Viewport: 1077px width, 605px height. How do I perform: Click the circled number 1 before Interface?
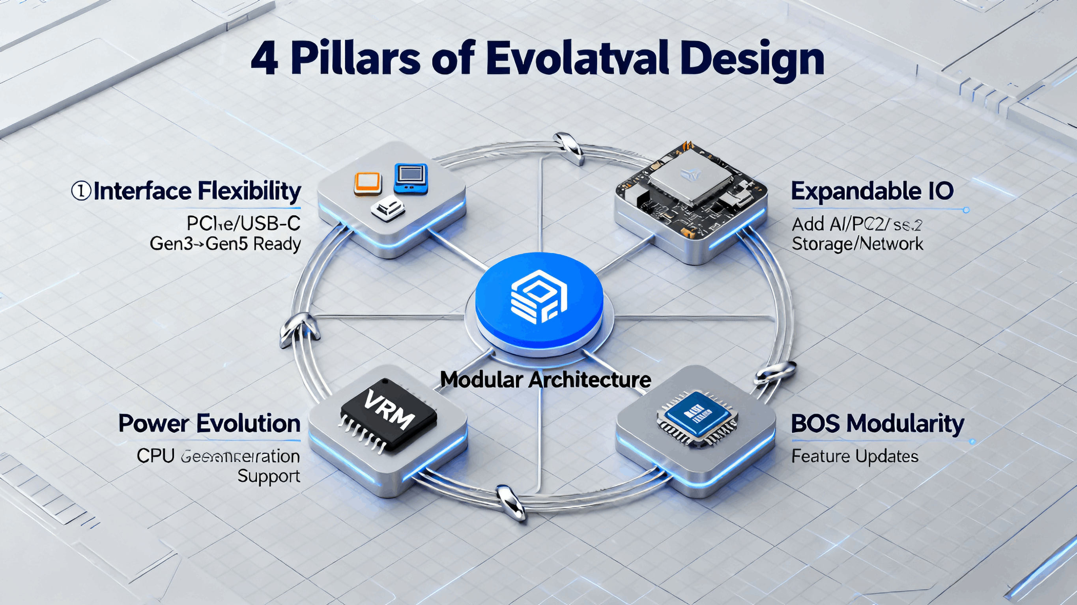tap(81, 192)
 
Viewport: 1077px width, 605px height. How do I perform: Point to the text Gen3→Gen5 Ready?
tap(225, 244)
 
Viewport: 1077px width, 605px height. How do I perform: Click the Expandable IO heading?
tap(873, 192)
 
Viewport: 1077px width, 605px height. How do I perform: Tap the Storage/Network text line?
tap(857, 244)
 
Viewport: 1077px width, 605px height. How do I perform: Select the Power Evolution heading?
tap(209, 423)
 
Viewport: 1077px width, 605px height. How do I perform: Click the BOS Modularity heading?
tap(877, 423)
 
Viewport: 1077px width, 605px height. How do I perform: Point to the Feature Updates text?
tap(855, 456)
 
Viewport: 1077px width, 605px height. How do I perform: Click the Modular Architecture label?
tap(546, 380)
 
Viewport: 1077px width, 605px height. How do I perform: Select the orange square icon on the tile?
tap(368, 183)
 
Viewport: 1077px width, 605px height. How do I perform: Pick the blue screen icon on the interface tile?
tap(411, 178)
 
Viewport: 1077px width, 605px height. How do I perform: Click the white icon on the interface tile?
tap(388, 208)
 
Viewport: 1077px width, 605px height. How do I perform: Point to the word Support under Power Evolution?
tap(269, 476)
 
